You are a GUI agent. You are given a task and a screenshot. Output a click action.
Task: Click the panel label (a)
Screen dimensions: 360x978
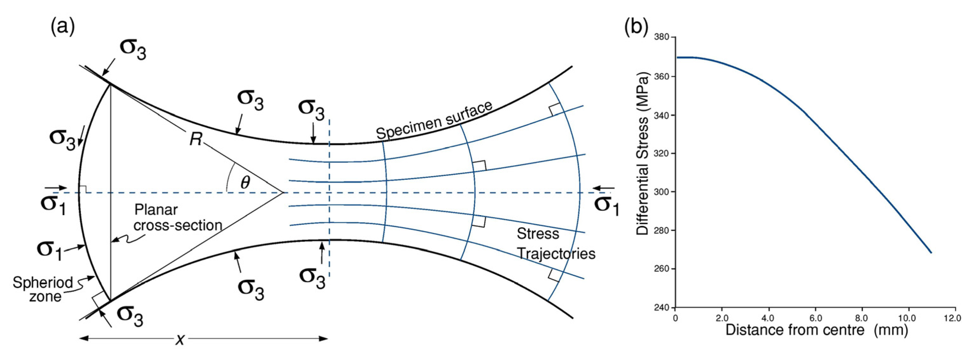coord(63,27)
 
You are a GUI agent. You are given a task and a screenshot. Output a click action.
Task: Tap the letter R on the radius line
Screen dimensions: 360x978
coord(195,140)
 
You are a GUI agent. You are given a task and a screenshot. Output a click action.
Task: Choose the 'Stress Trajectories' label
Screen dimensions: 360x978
coord(555,244)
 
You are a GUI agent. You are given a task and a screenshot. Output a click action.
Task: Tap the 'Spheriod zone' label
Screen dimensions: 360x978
coord(43,289)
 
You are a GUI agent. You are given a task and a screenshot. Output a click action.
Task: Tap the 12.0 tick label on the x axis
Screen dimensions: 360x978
coord(955,317)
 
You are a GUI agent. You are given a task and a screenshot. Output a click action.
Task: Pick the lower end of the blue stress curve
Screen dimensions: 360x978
coord(931,252)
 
